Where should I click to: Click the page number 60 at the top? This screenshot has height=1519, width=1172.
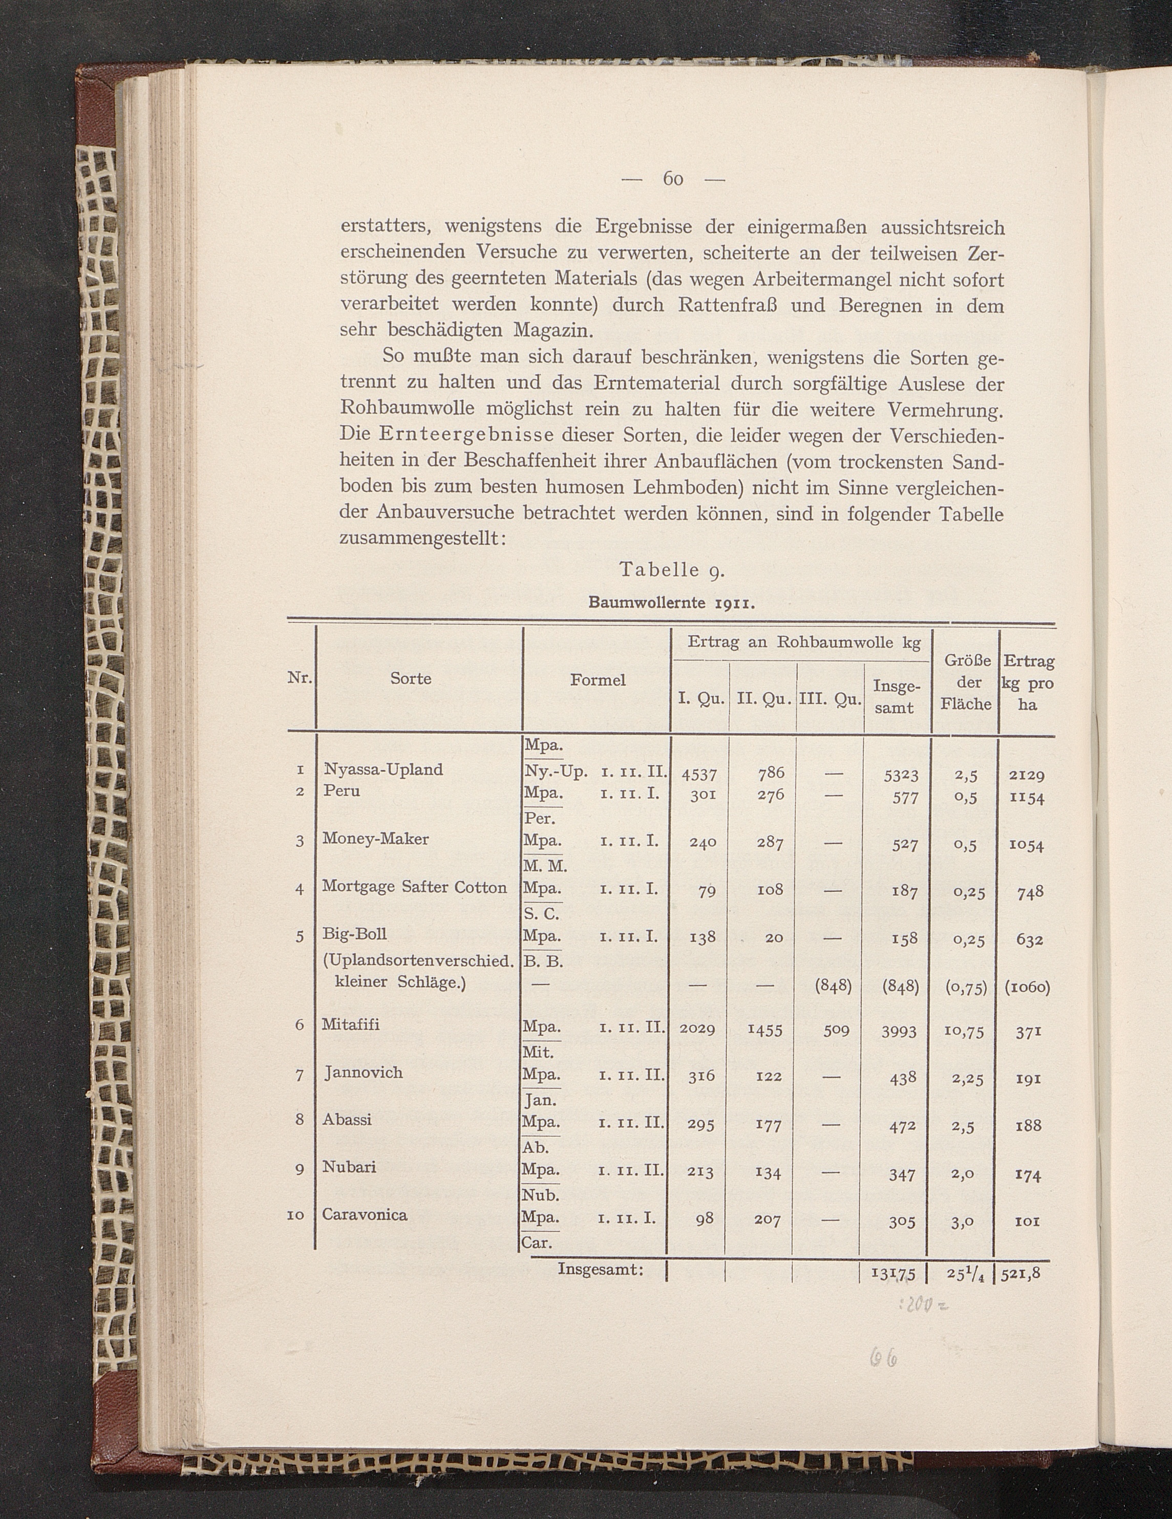(673, 179)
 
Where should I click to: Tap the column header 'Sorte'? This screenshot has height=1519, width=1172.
(410, 678)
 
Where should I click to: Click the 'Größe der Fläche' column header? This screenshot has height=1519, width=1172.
(966, 682)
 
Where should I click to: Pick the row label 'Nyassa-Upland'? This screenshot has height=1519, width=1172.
(383, 769)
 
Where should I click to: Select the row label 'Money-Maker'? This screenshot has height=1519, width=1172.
(376, 839)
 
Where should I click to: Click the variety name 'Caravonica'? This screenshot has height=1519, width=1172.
(365, 1214)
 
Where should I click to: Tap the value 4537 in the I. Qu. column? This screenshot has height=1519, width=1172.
(699, 774)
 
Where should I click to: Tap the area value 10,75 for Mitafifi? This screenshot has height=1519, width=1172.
(965, 1032)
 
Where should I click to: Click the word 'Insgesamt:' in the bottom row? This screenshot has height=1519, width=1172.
(601, 1269)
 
